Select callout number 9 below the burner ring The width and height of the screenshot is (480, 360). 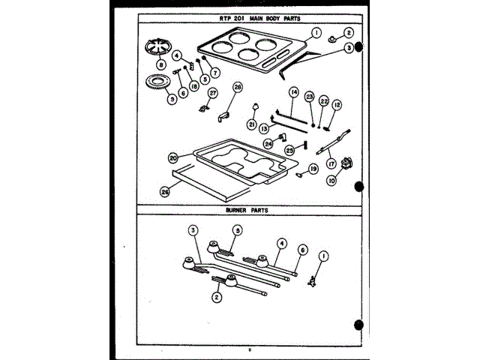point(172,99)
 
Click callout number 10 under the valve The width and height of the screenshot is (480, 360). point(330,180)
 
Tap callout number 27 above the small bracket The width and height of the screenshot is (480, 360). point(212,93)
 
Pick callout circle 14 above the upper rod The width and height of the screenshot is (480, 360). point(294,91)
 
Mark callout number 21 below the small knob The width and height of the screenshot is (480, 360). point(252,124)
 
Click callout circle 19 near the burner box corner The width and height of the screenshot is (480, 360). point(314,169)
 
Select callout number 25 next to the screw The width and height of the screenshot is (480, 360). point(289,149)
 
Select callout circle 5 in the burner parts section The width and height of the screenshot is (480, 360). point(237,231)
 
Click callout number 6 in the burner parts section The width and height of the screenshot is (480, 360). point(303,249)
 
